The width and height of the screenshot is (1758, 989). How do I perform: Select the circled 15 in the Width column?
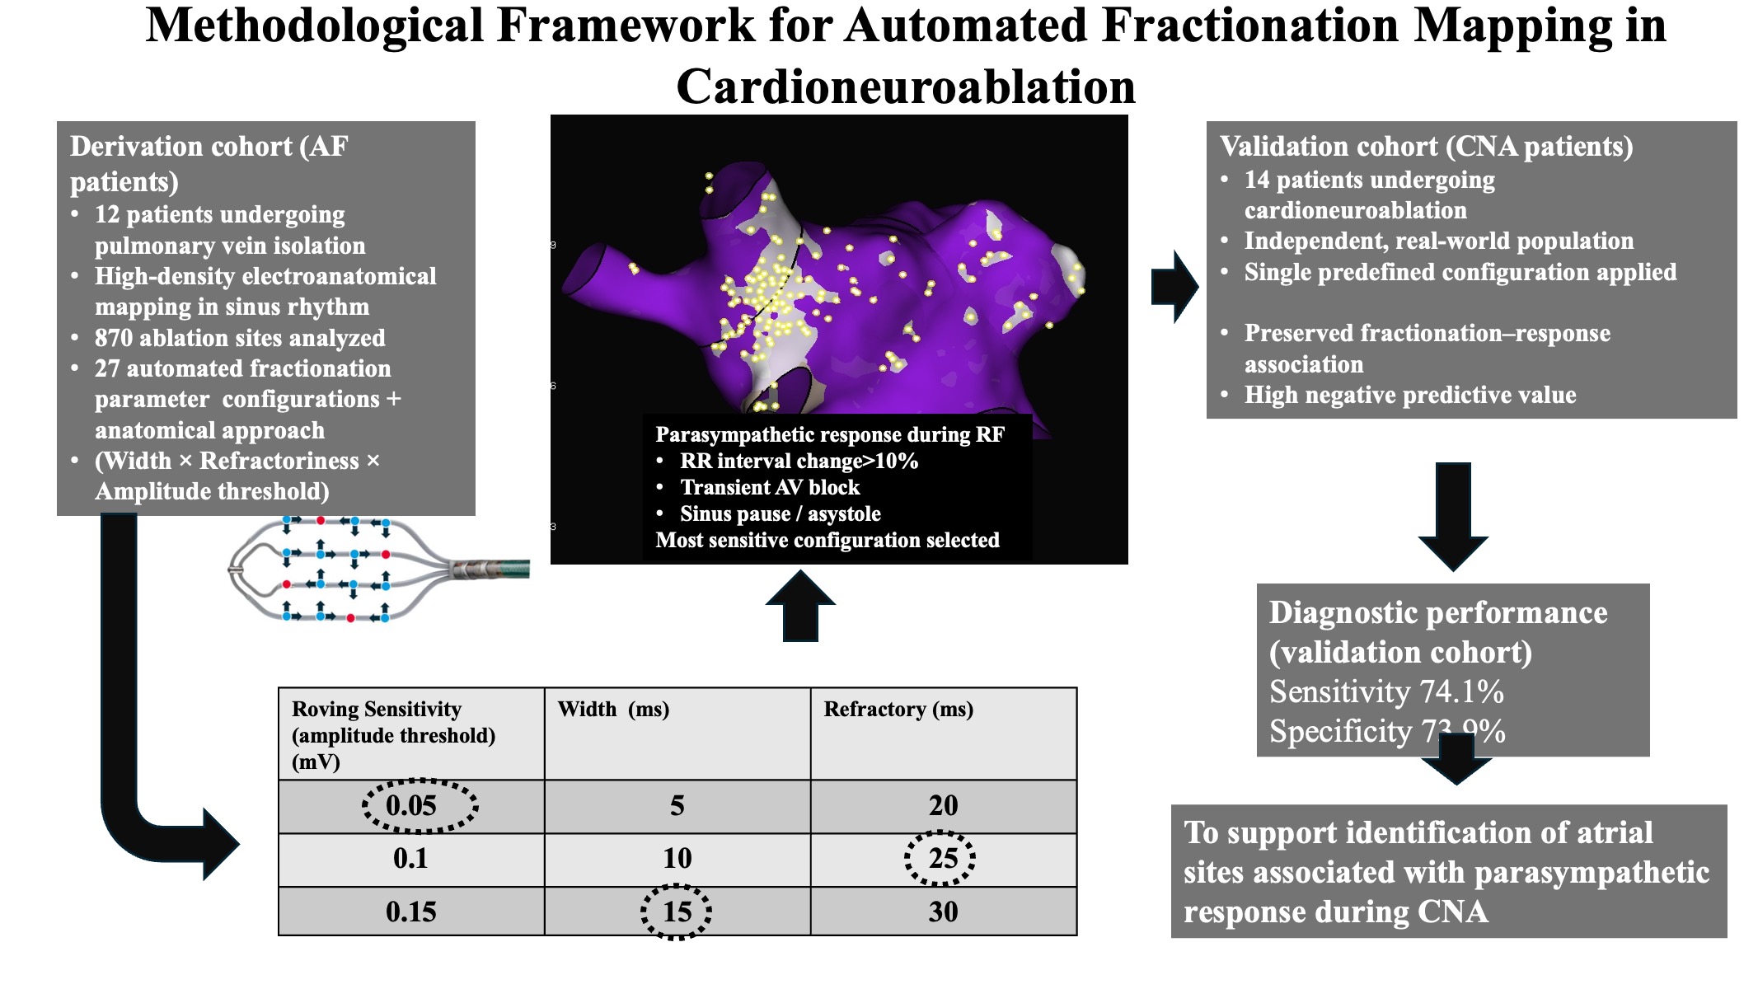[677, 912]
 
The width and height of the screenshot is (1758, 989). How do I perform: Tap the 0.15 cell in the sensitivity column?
[410, 912]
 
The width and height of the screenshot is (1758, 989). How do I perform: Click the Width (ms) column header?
[613, 710]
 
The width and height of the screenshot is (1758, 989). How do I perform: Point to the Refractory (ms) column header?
[898, 710]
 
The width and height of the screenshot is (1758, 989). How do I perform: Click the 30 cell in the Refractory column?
[943, 912]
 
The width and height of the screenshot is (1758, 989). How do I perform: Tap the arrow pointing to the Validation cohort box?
[1174, 286]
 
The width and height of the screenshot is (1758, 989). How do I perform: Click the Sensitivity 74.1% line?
[1386, 692]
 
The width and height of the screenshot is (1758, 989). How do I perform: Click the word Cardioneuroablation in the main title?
[905, 87]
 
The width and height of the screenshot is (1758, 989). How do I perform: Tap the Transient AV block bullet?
[770, 488]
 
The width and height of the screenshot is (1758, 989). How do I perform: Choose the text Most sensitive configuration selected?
[827, 541]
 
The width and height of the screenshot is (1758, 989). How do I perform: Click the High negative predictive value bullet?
[1409, 396]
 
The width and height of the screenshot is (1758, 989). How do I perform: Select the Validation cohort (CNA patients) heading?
[1426, 147]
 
